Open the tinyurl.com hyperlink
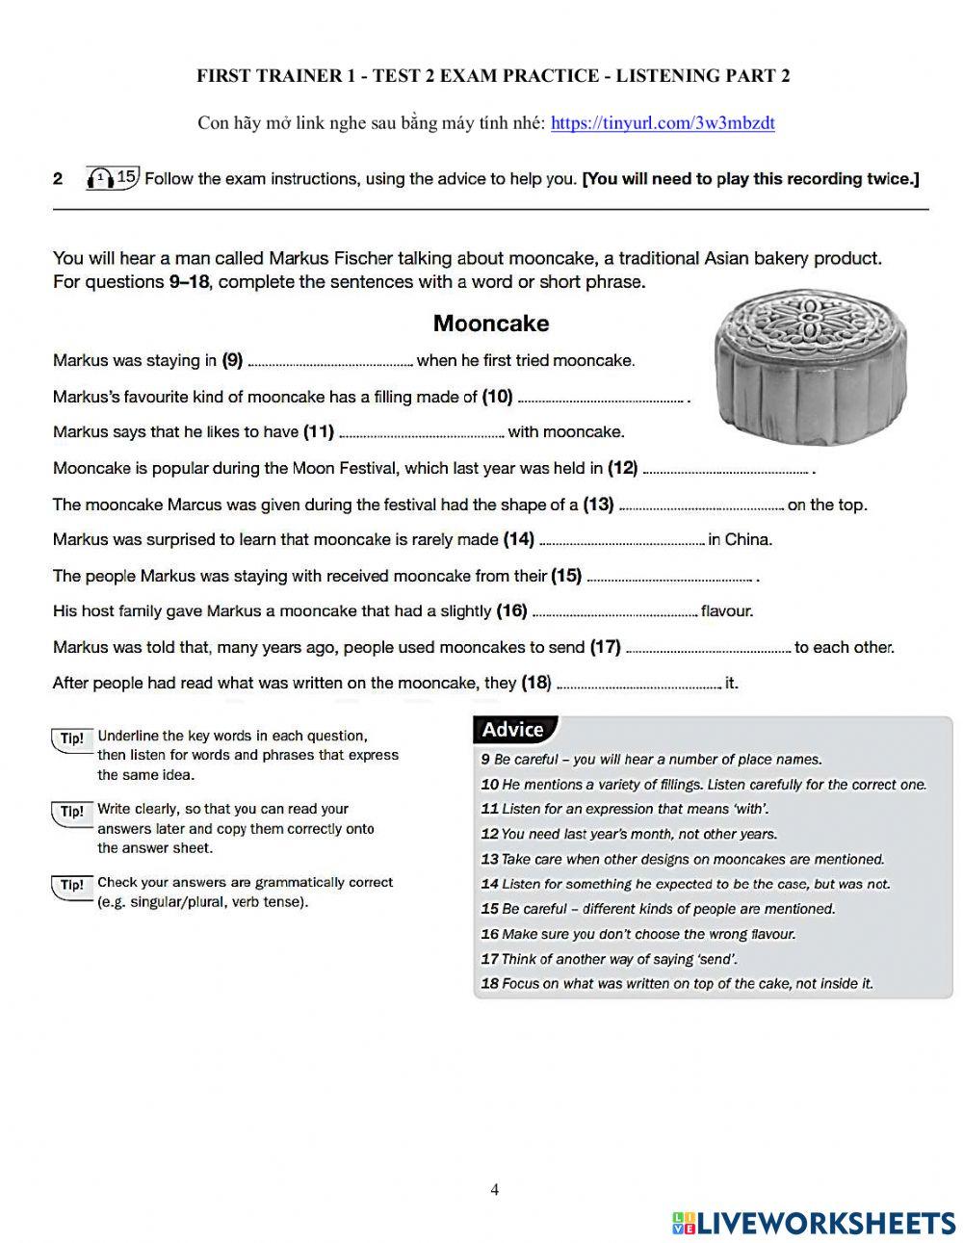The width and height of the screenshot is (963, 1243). pos(663,123)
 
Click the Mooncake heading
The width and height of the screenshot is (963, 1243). pos(490,324)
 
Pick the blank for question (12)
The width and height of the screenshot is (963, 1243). pos(725,472)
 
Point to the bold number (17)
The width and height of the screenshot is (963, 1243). pos(605,647)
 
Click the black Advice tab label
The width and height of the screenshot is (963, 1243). pos(513,730)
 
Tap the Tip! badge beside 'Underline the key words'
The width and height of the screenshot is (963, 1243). pos(72,738)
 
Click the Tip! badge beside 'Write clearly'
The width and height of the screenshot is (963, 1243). pos(72,812)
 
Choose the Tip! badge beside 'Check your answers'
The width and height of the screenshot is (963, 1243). pos(72,885)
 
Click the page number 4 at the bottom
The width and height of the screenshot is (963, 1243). pos(495,1189)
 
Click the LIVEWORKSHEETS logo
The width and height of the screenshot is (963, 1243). pos(814,1223)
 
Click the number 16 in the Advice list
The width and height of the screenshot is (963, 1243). pos(489,934)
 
